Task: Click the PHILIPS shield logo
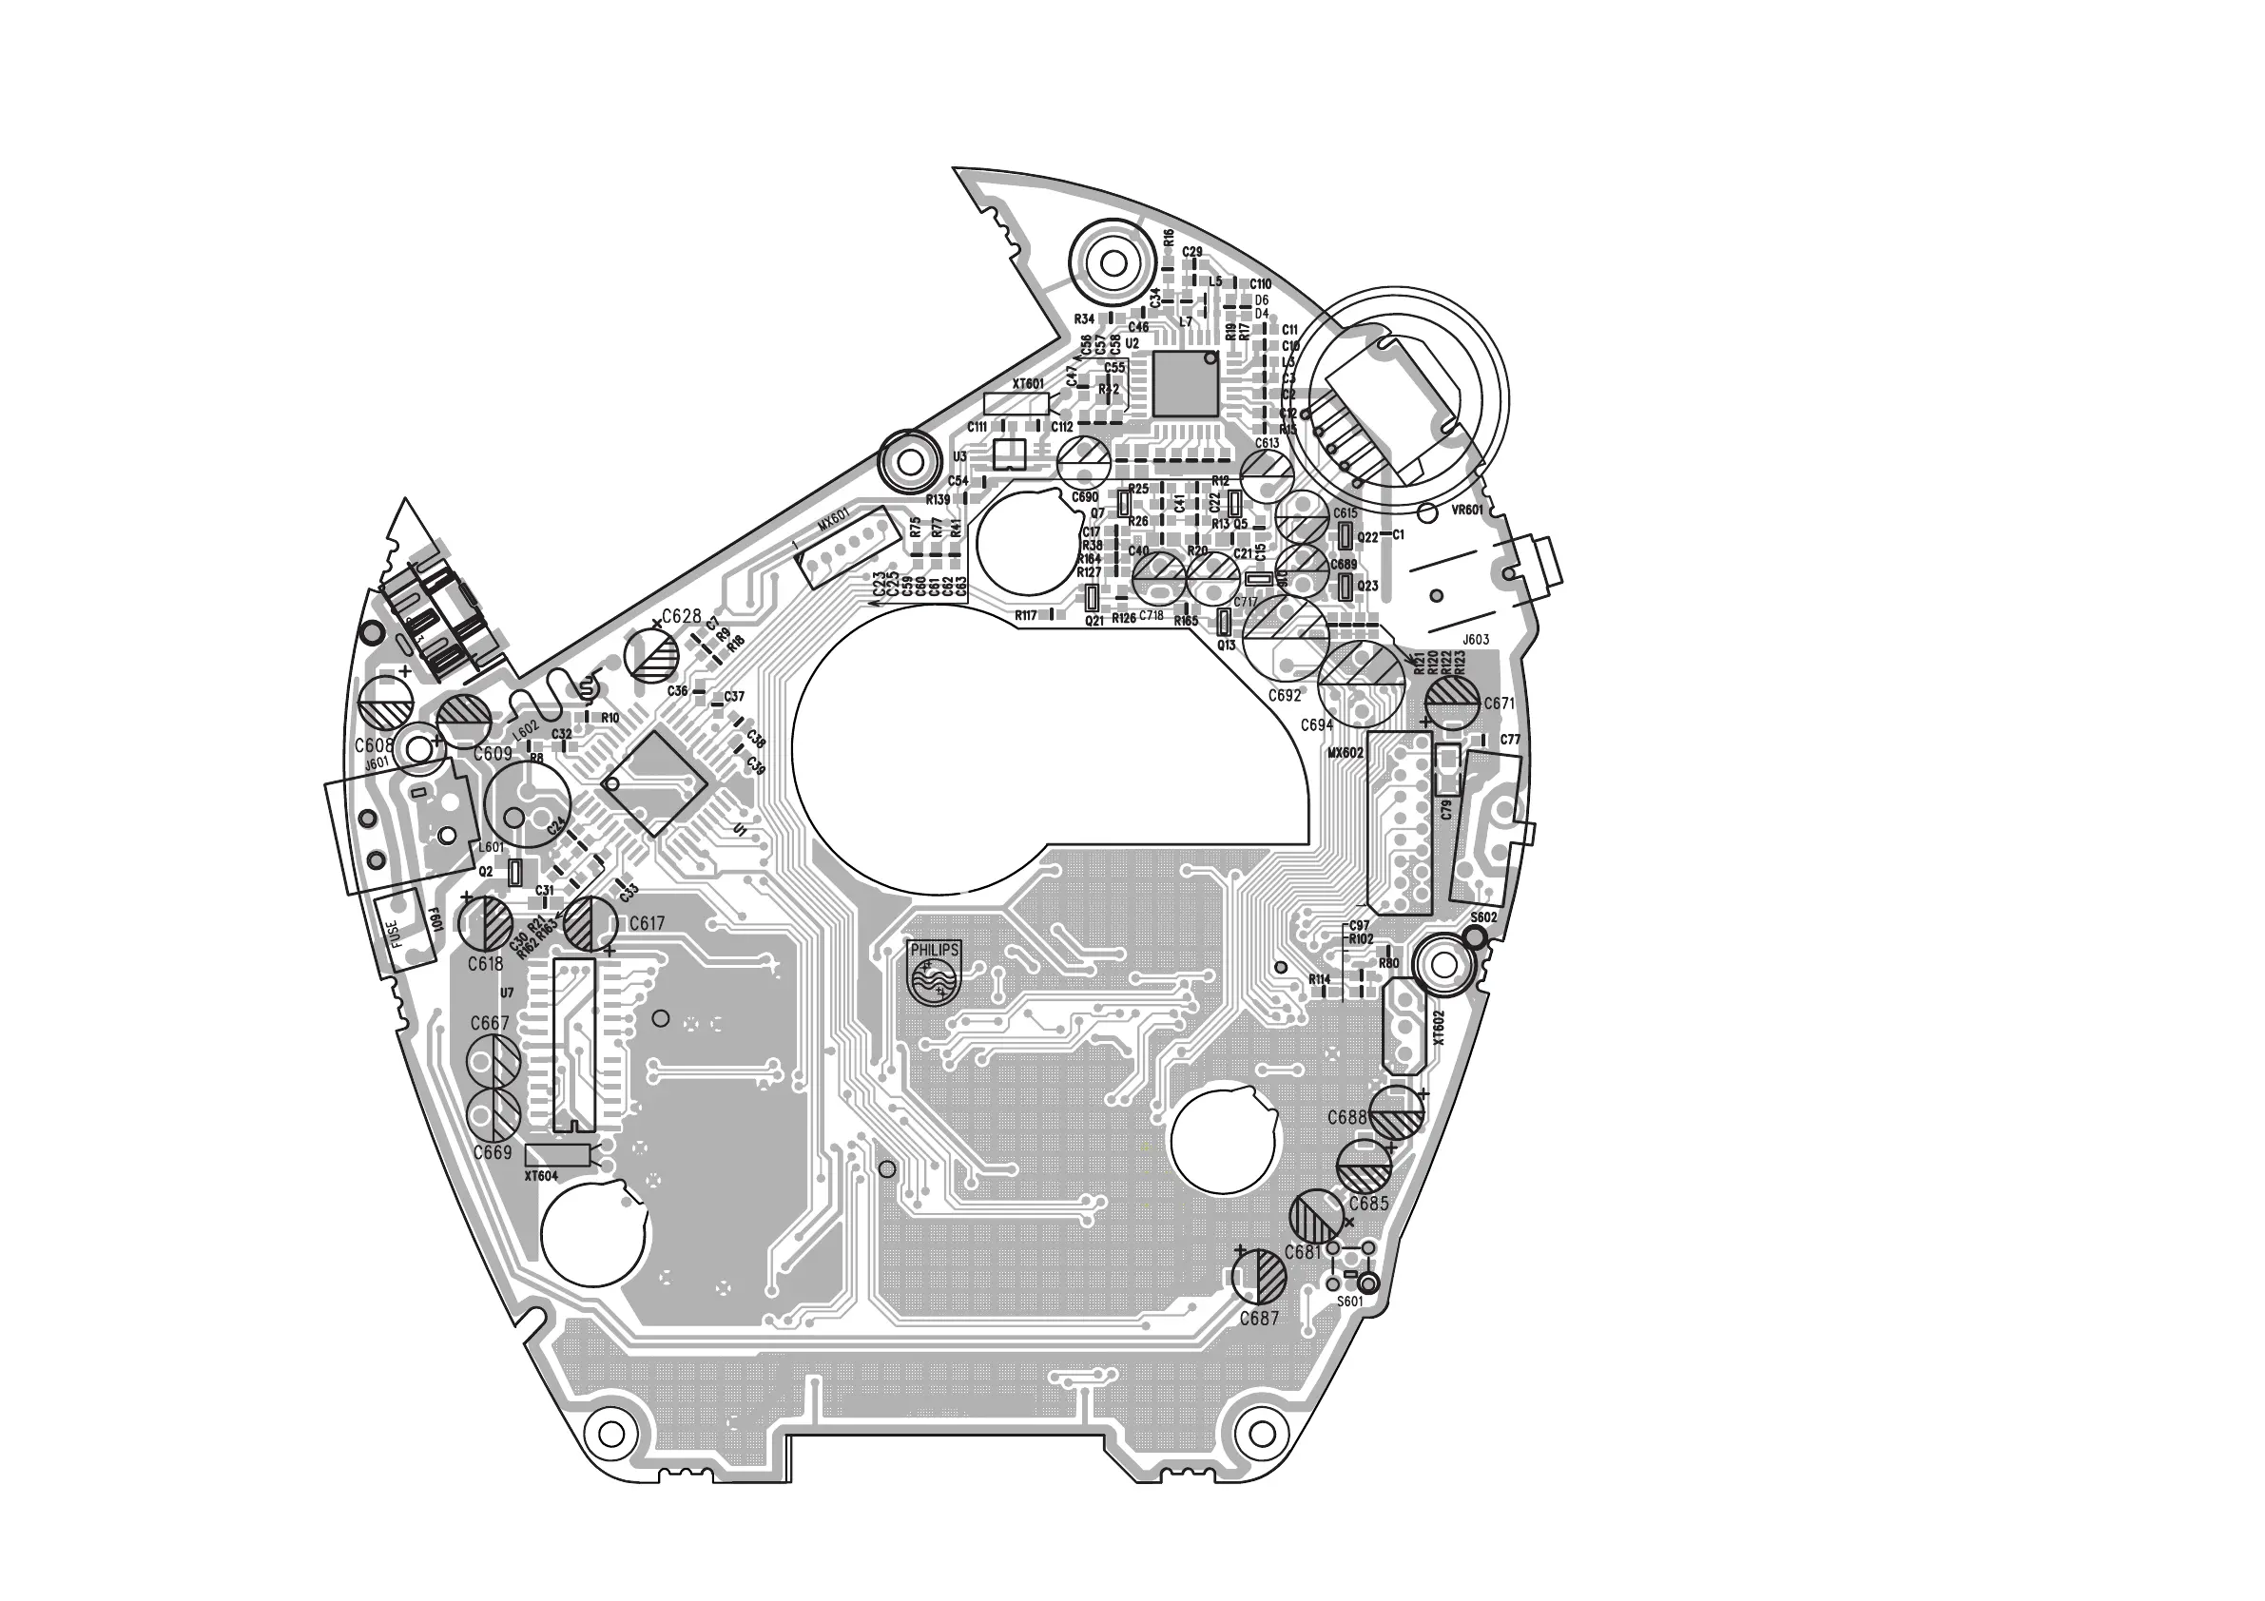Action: pos(933,972)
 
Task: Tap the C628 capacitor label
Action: pos(681,616)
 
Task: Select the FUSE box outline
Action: pos(404,930)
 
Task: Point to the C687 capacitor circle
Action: pos(1260,1278)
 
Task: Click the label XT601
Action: pos(1028,384)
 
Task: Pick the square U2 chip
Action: pos(1185,383)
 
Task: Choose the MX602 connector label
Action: pos(1345,753)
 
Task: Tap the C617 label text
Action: pos(647,923)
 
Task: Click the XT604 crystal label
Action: pos(541,1176)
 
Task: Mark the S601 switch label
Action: pos(1349,1302)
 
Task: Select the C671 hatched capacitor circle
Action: pos(1454,702)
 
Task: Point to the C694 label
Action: pos(1316,725)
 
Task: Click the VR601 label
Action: pos(1467,510)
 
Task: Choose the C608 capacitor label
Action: pos(374,745)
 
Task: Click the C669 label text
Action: pos(493,1152)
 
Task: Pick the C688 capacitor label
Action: pos(1346,1118)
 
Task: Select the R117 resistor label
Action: pos(1026,615)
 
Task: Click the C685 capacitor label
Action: pos(1368,1204)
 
